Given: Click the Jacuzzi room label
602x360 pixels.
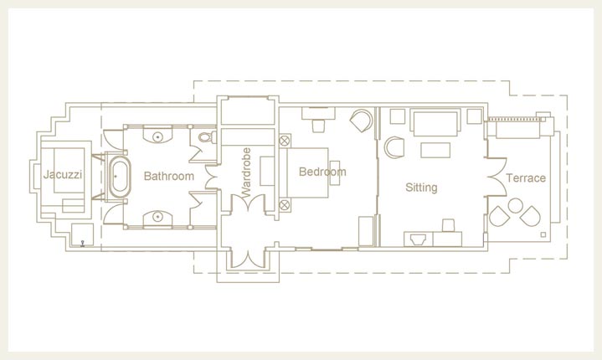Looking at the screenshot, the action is pos(63,175).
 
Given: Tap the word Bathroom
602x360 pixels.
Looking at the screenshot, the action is pos(169,176).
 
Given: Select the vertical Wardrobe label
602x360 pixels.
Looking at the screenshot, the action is pos(246,172).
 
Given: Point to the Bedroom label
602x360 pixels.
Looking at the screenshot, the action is pos(322,172).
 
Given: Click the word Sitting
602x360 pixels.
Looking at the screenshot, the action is pos(421,188).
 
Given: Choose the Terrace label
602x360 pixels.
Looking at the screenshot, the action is pos(526,178).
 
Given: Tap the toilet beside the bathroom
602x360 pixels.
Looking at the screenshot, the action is pos(208,137).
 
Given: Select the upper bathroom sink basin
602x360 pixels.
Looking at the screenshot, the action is pos(157,136).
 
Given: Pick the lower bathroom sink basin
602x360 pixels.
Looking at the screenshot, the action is pos(157,217).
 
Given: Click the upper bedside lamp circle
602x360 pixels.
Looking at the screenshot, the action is pos(285,141).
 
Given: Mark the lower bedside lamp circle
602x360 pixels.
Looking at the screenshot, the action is pos(285,205).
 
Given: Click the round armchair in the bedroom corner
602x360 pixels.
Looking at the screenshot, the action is pos(361,121).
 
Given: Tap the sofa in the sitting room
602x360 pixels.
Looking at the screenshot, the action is pos(435,123).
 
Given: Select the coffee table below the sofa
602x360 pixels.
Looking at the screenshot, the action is pos(435,150).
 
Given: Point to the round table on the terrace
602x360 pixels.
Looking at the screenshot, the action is pos(515,205).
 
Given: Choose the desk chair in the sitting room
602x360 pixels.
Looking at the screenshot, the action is pos(449,225).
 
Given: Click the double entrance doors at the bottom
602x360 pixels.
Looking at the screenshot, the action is pos(248,258).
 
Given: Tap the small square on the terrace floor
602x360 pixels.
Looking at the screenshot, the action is pos(543,235).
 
